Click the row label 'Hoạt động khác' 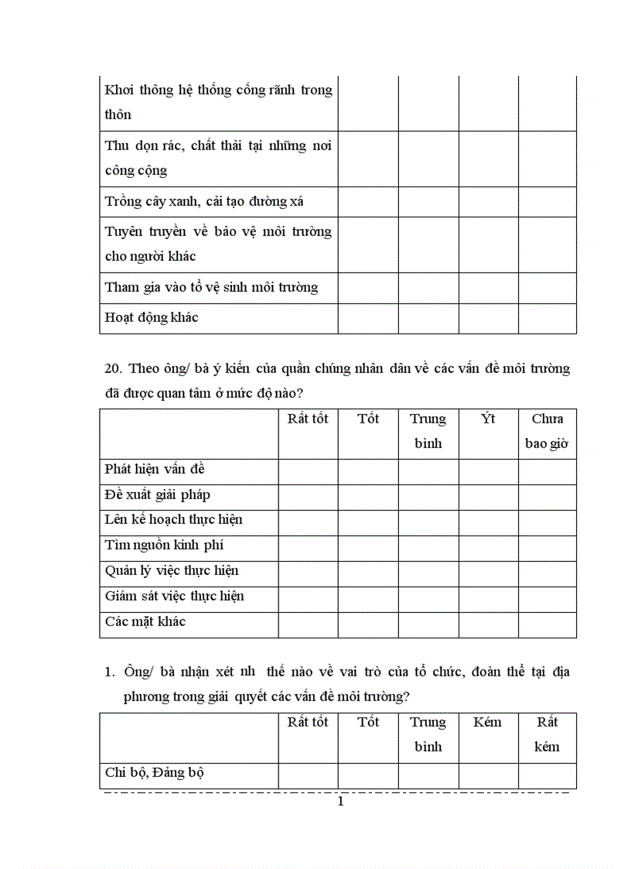152,318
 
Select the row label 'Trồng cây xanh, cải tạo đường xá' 204,202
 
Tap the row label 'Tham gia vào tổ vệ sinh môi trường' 211,288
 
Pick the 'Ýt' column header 488,419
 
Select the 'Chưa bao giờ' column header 547,432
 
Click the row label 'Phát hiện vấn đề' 155,470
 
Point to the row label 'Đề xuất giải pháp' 158,495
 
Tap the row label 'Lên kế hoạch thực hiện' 174,520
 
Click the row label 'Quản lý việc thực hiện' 172,571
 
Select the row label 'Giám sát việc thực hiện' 175,597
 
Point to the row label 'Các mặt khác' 145,622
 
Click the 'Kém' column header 488,723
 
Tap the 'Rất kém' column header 547,735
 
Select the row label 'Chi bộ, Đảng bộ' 155,773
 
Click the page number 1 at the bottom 340,802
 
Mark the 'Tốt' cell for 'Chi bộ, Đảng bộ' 368,775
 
